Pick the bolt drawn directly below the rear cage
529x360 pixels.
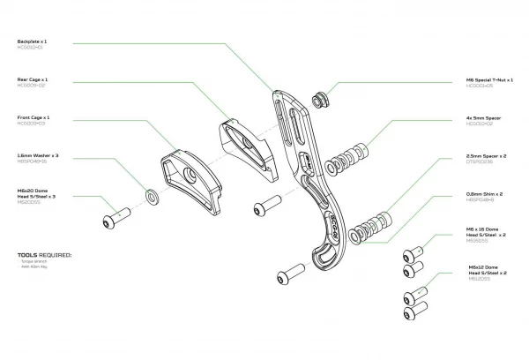coord(264,207)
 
